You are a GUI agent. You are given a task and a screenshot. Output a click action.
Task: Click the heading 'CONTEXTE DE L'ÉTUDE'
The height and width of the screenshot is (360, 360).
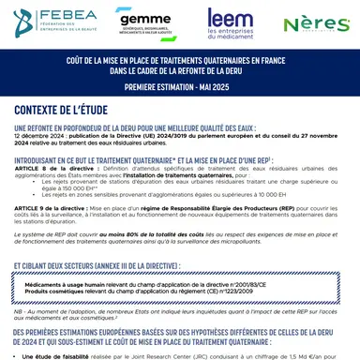tap(68, 111)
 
